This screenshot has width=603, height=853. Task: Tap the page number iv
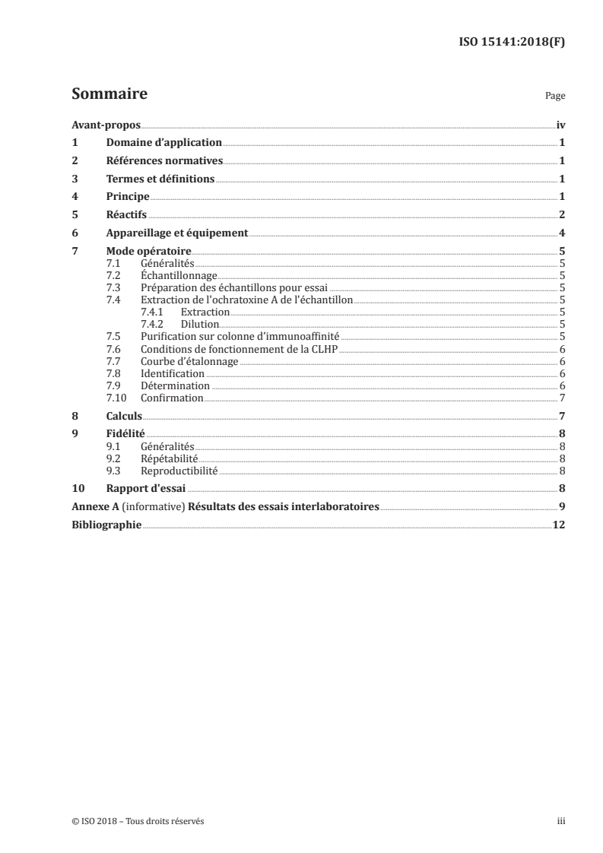pos(560,125)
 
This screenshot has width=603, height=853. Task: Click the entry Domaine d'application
pos(163,143)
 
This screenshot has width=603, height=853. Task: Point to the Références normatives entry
pos(164,161)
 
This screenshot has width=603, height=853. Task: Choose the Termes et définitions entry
pos(160,179)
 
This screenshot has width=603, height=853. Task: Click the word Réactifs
pos(126,215)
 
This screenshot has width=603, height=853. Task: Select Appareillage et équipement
pos(177,233)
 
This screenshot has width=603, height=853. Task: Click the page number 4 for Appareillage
pos(561,233)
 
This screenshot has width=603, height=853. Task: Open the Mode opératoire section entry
pos(148,252)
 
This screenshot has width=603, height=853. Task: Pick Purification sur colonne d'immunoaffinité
pos(240,336)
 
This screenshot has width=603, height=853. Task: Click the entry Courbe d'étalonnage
pos(189,361)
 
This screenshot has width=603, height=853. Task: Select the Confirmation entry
pos(172,398)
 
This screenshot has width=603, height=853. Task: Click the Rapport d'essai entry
pos(146,489)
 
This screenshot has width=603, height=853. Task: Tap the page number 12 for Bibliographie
pos(559,525)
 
